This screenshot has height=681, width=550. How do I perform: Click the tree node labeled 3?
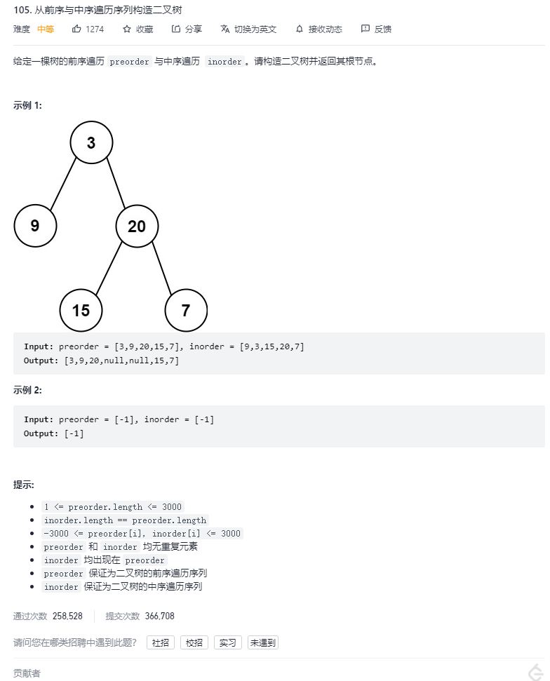91,143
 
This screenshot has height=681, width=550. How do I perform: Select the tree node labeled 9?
35,226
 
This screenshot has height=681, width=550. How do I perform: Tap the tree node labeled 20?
137,226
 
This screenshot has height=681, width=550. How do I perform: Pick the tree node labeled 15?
81,310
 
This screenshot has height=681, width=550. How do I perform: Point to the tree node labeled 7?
186,310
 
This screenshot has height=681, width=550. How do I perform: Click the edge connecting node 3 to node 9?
63,184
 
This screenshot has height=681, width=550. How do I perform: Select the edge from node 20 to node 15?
109,268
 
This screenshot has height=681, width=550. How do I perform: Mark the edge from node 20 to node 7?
161,268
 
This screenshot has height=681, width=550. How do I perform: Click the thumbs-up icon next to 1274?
76,29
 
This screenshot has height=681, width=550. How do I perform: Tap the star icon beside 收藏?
127,29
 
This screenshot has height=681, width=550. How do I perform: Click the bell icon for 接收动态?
300,29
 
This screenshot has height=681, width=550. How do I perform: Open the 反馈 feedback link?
376,29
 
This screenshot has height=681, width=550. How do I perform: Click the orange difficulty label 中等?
46,29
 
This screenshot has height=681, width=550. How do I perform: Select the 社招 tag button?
161,642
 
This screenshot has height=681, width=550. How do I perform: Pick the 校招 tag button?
194,642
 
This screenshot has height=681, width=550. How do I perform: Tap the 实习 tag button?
228,642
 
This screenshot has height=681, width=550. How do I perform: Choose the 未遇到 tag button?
263,642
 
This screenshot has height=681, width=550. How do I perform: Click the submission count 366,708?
159,616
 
